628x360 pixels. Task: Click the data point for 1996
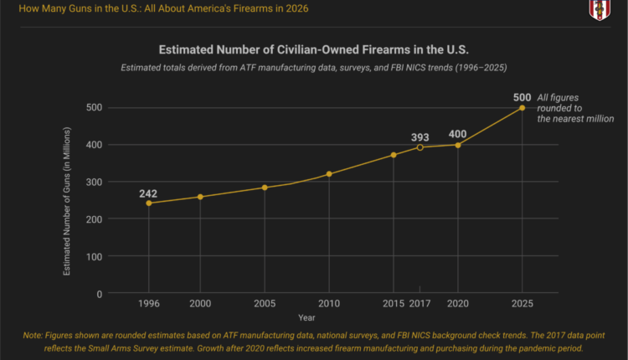[x=149, y=203]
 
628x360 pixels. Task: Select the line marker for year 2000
[x=199, y=197]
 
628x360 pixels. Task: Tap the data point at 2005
[x=265, y=188]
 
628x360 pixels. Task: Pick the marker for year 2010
[x=329, y=174]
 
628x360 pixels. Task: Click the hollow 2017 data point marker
[x=420, y=147]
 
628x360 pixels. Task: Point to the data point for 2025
[x=522, y=107]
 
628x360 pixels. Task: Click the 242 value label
[x=149, y=193]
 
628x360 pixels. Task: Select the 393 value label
[x=420, y=136]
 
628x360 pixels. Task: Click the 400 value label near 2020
[x=458, y=134]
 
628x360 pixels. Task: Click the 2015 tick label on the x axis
[x=394, y=303]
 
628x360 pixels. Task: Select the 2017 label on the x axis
[x=420, y=303]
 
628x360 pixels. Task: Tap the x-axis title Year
[x=306, y=317]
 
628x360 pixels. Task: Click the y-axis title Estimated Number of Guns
[x=67, y=202]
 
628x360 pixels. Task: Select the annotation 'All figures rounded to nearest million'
[x=574, y=108]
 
